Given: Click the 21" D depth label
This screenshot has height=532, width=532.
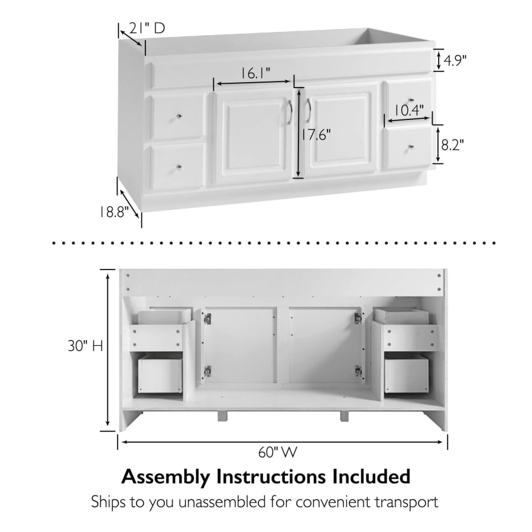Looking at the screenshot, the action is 147,28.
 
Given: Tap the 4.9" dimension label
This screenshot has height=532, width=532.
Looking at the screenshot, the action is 455,61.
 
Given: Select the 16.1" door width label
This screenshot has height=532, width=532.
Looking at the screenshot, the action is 255,73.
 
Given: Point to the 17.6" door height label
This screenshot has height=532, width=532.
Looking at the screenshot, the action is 316,135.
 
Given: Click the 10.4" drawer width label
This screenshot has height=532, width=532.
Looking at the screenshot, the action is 409,111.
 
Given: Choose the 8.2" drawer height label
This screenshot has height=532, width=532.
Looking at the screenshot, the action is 452,145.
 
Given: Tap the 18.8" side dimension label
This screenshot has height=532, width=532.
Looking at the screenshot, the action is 114,212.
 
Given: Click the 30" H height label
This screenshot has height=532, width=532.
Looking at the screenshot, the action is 85,346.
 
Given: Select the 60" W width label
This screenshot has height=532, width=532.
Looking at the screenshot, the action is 278,452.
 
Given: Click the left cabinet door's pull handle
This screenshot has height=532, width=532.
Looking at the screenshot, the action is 290,112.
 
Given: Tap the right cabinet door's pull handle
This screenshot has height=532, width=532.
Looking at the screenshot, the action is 308,111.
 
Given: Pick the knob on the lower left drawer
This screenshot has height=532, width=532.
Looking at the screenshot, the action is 179,167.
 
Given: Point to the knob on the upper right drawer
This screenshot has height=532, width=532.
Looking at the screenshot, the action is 411,100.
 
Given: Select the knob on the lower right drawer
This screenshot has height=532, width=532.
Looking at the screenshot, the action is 411,147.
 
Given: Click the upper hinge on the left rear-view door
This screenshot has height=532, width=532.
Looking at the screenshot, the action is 207,319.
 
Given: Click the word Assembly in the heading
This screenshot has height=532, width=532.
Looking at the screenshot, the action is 166,477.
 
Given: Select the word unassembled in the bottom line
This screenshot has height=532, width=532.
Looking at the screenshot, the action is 222,502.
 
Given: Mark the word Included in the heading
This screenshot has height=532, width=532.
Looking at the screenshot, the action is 371,476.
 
